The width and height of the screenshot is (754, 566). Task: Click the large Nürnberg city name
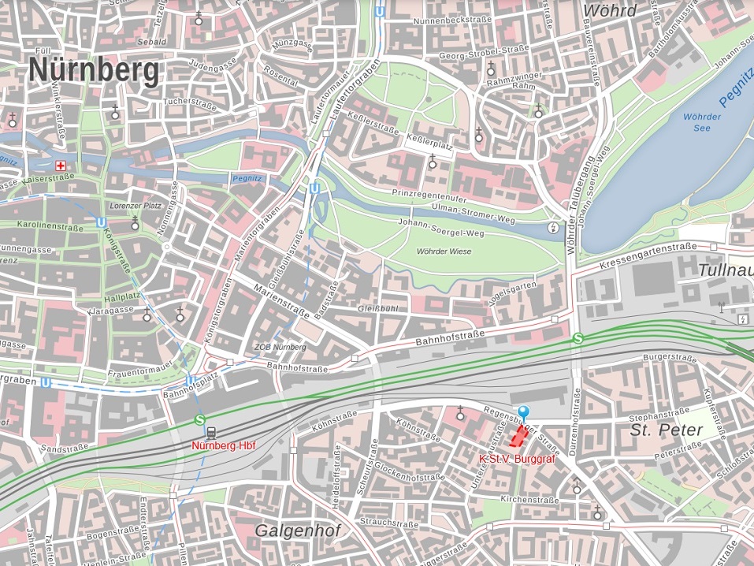(x=94, y=71)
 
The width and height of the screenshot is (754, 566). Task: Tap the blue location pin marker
(x=524, y=411)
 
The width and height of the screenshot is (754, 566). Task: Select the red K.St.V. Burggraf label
(x=511, y=458)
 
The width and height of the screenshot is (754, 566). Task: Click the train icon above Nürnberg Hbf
(x=211, y=432)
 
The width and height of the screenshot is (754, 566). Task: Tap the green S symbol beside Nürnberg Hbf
(x=199, y=420)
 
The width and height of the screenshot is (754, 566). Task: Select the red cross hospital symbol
(x=61, y=166)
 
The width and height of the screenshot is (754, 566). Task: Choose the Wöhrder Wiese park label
(x=444, y=251)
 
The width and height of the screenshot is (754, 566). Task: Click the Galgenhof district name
(x=297, y=531)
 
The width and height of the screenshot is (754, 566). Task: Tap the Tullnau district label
(x=725, y=270)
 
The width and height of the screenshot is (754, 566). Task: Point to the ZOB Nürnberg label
(x=280, y=348)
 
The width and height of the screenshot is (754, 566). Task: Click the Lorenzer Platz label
(x=135, y=206)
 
